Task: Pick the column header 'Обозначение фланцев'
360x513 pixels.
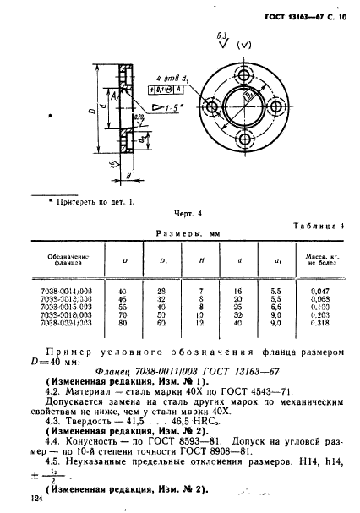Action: (x=69, y=259)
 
